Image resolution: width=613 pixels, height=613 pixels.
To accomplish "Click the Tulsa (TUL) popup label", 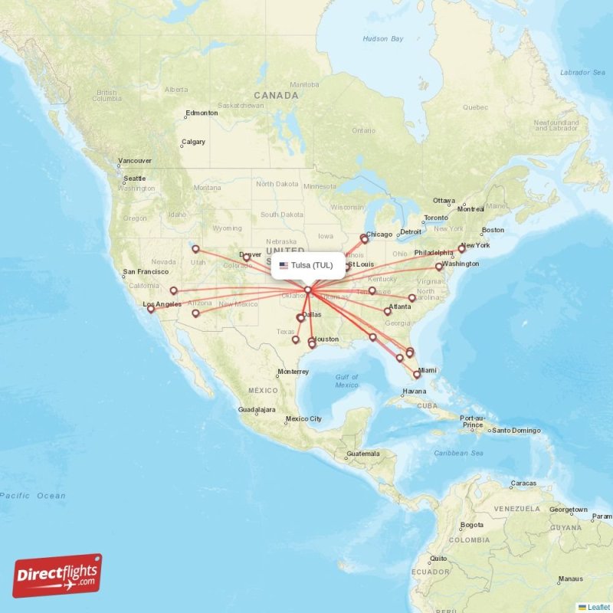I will coord(307,266).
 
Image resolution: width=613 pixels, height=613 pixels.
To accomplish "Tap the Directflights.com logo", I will coord(57,575).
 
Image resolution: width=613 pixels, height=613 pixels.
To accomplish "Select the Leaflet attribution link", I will coord(598,607).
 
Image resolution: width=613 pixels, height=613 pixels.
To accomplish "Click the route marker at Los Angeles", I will coord(150,308).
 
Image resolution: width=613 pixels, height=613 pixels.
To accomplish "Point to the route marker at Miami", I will coord(417,375).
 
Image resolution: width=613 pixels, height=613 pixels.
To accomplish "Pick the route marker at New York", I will coord(461,248).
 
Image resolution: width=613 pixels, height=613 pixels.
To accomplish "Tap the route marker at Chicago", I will coord(364,239).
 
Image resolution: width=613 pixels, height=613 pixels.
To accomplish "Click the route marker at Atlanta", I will coord(387,311).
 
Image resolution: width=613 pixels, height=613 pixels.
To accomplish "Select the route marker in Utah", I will coord(195,249).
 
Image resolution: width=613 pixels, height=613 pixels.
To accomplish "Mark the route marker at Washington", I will coord(439,267).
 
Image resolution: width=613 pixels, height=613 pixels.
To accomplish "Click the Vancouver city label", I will coord(135,162).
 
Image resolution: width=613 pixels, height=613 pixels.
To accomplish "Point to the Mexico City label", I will coord(303,419).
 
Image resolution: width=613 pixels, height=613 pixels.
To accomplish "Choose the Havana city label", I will coord(414,392).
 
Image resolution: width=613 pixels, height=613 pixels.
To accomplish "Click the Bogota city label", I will coord(472,526).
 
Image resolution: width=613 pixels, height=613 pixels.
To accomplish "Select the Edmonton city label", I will coord(202,113).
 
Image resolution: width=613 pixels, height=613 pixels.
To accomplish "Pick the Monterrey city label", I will coord(293,372).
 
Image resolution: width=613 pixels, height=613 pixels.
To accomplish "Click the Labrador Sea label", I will coord(582,72).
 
